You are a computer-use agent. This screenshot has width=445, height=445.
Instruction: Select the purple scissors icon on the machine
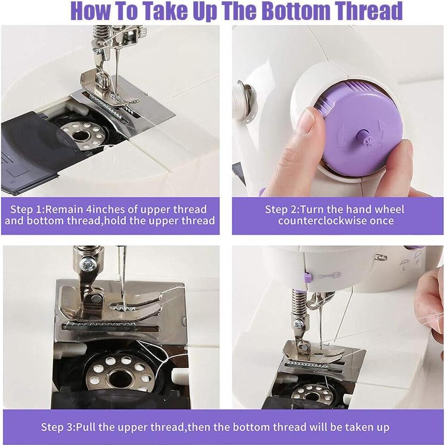[329, 275]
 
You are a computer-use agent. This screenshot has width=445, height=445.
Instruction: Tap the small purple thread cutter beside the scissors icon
[307, 276]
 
